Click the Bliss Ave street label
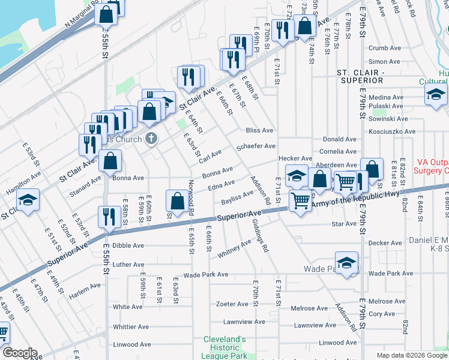pos(259,130)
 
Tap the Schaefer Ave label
pos(256,146)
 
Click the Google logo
pos(19,353)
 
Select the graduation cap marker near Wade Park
pos(346,264)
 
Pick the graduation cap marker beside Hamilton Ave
pos(27,200)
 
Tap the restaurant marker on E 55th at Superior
pos(109,217)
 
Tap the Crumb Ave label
pos(380,48)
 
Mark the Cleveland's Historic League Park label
pos(224,347)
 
